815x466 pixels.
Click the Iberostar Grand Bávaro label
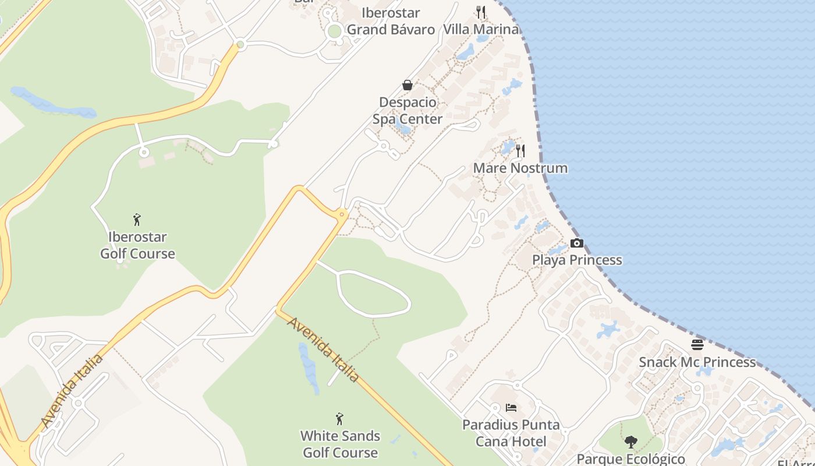(391, 21)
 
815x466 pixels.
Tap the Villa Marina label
(481, 29)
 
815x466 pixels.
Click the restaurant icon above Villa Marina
(481, 12)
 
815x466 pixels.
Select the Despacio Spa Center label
(408, 111)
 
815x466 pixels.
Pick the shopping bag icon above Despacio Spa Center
(408, 86)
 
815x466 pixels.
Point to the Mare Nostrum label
(520, 168)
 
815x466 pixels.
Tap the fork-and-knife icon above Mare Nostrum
(520, 151)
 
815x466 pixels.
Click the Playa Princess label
(577, 260)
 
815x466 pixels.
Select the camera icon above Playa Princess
(577, 243)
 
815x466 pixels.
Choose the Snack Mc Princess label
(697, 362)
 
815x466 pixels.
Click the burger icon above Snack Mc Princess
(697, 345)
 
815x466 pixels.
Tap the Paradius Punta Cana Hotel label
(511, 433)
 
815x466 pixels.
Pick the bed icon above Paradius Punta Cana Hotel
(511, 408)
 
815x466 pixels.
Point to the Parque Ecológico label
(630, 458)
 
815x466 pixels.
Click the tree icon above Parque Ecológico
(630, 442)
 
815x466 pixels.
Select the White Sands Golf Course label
(340, 444)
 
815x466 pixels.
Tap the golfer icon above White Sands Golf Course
(340, 419)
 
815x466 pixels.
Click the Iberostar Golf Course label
(137, 245)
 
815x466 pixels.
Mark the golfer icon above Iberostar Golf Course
(137, 220)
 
